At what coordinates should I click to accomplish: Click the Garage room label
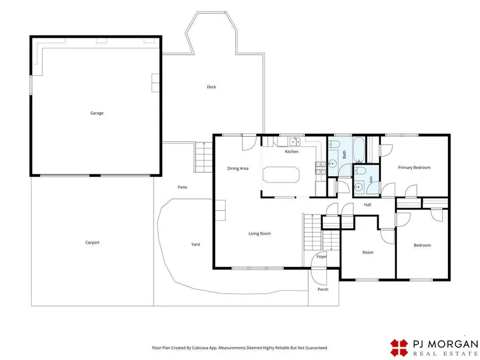97,113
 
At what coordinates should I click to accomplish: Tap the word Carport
92,243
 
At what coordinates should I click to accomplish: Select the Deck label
211,87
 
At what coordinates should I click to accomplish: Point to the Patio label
183,187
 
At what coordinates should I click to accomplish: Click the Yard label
195,244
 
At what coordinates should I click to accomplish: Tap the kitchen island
281,174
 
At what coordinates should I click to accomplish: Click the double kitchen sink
295,142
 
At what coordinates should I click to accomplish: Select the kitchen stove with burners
321,168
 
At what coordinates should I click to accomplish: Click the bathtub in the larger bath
358,149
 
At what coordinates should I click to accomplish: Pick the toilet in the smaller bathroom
361,170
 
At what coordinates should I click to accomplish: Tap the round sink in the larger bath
332,164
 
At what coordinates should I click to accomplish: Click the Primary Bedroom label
414,167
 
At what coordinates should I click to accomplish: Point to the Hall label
367,205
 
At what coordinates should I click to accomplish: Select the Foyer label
321,256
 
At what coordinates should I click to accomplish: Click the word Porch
323,289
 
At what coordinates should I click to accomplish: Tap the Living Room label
259,234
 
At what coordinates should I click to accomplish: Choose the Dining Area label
237,168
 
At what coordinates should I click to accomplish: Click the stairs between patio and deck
204,158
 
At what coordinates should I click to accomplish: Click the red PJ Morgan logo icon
399,348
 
